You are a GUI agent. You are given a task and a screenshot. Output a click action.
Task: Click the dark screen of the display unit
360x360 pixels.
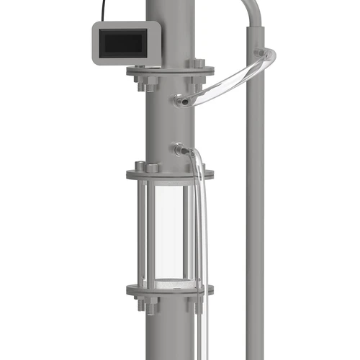[126, 43]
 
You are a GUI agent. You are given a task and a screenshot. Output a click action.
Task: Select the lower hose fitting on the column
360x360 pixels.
[179, 150]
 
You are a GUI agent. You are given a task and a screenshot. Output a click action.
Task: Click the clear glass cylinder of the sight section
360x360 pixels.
[170, 230]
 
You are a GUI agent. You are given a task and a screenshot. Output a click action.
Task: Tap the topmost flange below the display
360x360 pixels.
[170, 71]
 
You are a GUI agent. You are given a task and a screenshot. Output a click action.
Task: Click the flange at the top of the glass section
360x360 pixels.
[170, 174]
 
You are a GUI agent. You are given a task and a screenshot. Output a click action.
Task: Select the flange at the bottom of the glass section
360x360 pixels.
[170, 290]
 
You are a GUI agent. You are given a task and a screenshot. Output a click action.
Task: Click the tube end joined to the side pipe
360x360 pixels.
[266, 55]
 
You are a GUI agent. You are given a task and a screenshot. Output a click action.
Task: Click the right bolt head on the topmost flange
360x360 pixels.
[199, 64]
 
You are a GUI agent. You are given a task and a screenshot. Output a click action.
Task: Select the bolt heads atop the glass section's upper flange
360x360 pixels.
[151, 167]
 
